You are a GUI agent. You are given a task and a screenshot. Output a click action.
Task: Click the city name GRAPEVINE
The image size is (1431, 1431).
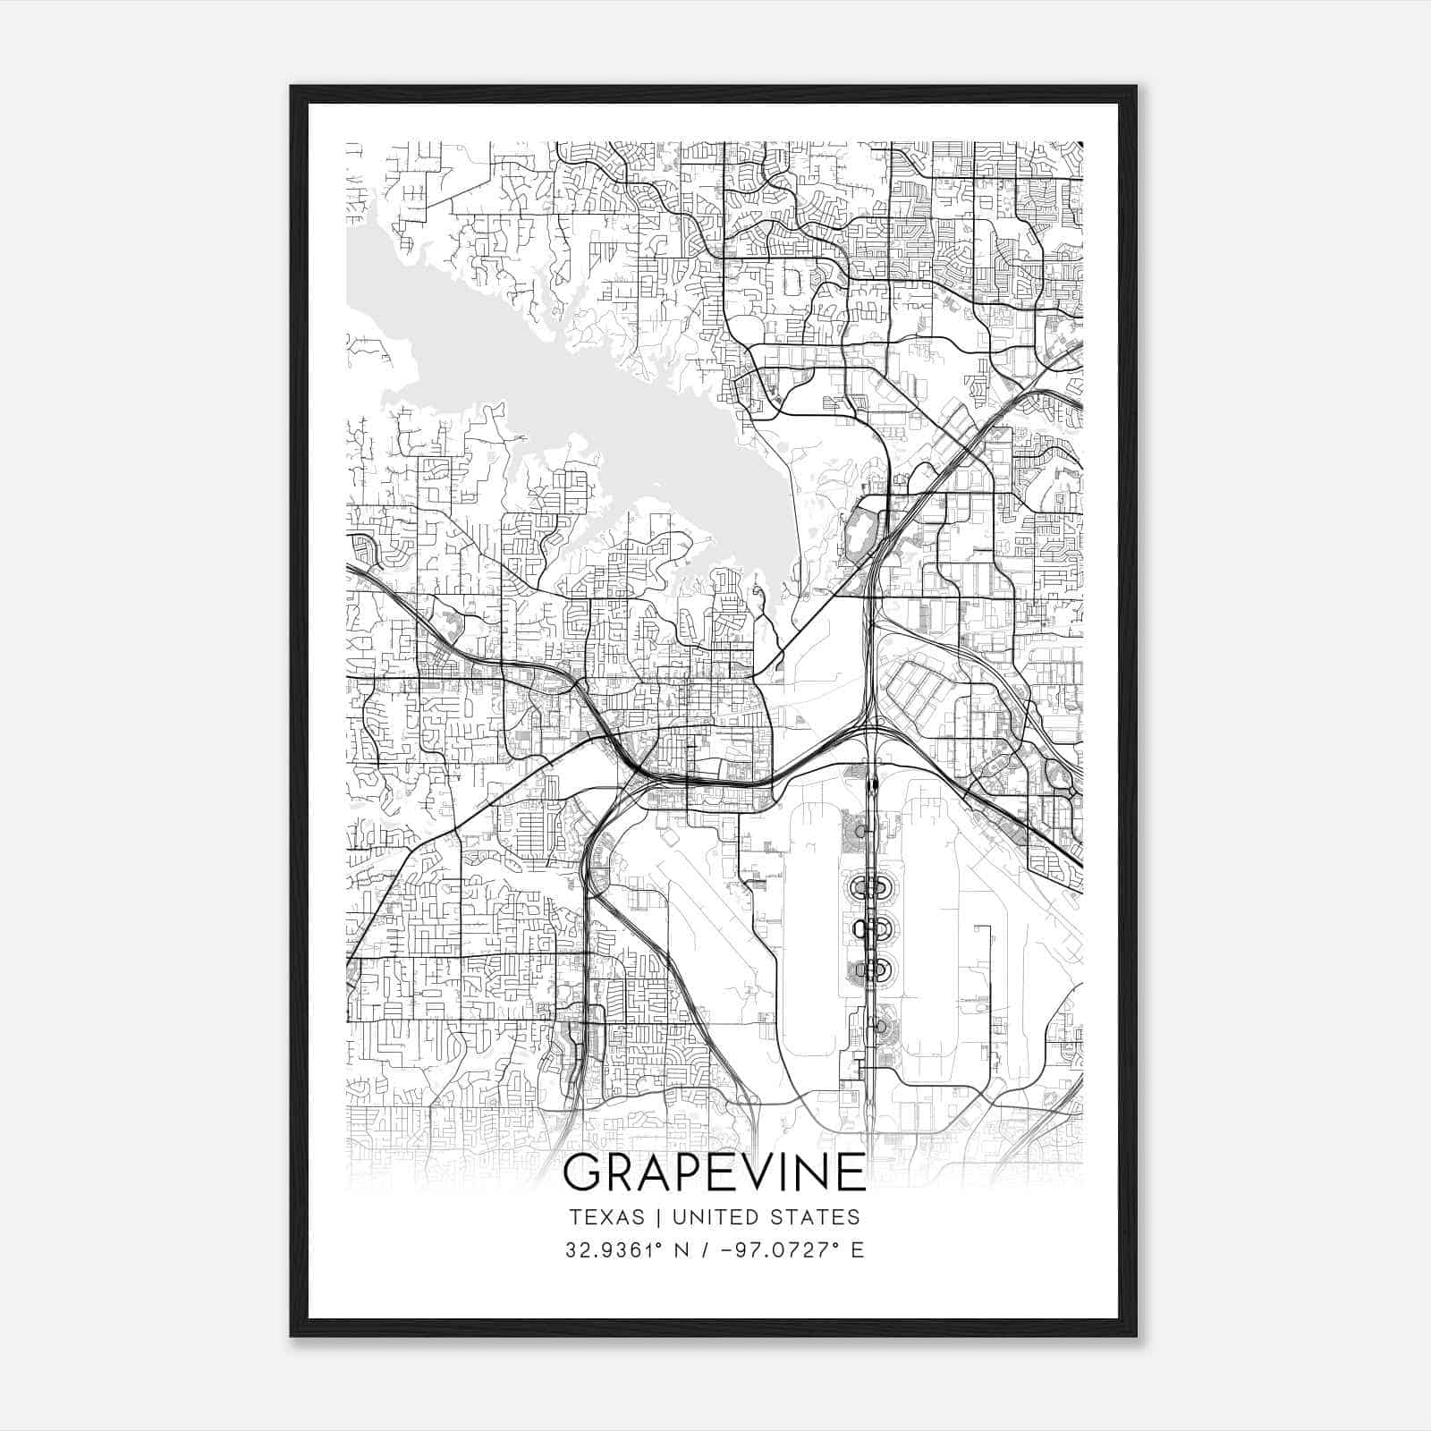coord(715,1172)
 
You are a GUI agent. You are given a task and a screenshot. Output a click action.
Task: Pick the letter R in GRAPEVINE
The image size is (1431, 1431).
coord(617,1172)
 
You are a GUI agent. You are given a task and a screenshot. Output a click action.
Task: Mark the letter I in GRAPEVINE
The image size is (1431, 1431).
coord(787,1172)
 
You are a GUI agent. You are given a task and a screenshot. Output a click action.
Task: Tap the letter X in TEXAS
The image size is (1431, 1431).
coord(605,1217)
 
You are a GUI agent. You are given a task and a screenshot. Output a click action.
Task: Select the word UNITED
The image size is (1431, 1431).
coord(713,1217)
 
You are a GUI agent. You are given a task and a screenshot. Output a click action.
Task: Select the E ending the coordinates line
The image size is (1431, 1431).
coord(858,1249)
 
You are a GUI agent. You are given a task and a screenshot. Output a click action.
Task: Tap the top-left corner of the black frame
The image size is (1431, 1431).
coord(292,88)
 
